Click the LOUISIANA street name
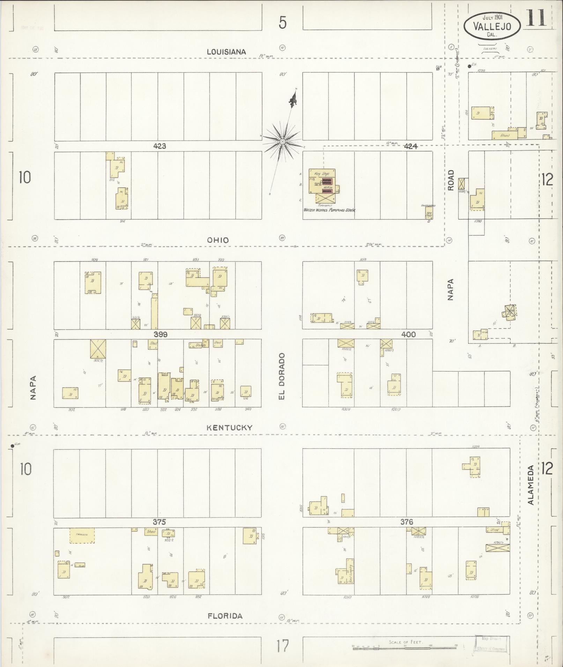point(226,52)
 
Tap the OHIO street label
point(218,240)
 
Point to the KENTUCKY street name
point(229,427)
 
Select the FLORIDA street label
point(225,616)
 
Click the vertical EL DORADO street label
point(282,376)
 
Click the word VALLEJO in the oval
point(492,26)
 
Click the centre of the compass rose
point(282,141)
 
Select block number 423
point(160,146)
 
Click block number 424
point(410,146)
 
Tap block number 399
point(160,334)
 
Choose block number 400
point(408,334)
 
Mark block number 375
point(159,522)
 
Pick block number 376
point(407,522)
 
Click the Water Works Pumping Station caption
point(329,210)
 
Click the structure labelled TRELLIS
point(82,535)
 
